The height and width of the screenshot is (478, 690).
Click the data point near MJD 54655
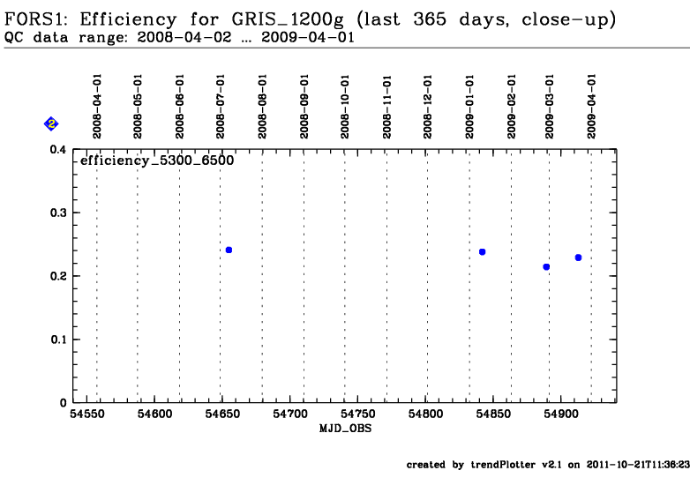[x=229, y=250]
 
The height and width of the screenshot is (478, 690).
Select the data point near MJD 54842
[x=482, y=252]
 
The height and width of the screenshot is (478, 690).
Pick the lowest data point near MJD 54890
[x=546, y=266]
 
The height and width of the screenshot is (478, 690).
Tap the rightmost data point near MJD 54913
[x=578, y=258]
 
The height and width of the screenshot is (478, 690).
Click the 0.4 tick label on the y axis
[x=56, y=150]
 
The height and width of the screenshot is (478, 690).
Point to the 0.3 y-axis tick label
[x=56, y=213]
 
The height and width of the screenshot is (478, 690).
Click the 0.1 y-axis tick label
[x=56, y=340]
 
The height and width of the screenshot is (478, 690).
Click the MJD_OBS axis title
[x=343, y=427]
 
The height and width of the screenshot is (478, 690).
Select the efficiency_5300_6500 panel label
[x=156, y=161]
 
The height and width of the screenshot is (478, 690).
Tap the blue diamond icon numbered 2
[x=51, y=124]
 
